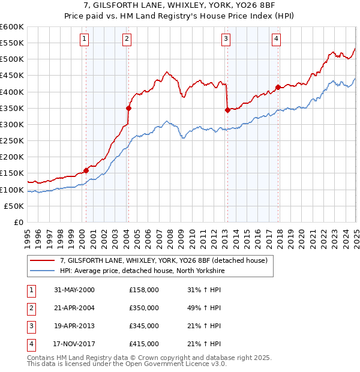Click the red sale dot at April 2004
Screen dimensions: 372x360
pyautogui.click(x=128, y=108)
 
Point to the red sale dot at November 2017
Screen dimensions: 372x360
pyautogui.click(x=278, y=87)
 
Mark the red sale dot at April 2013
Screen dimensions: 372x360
pyautogui.click(x=227, y=110)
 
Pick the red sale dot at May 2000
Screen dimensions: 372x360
pyautogui.click(x=86, y=170)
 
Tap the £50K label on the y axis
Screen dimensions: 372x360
pyautogui.click(x=14, y=206)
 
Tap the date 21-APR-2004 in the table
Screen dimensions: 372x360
pyautogui.click(x=74, y=308)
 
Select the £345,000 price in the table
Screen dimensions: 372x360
pyautogui.click(x=144, y=326)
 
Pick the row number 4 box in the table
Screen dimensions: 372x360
pyautogui.click(x=30, y=344)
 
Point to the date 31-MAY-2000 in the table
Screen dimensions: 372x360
pyautogui.click(x=74, y=290)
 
